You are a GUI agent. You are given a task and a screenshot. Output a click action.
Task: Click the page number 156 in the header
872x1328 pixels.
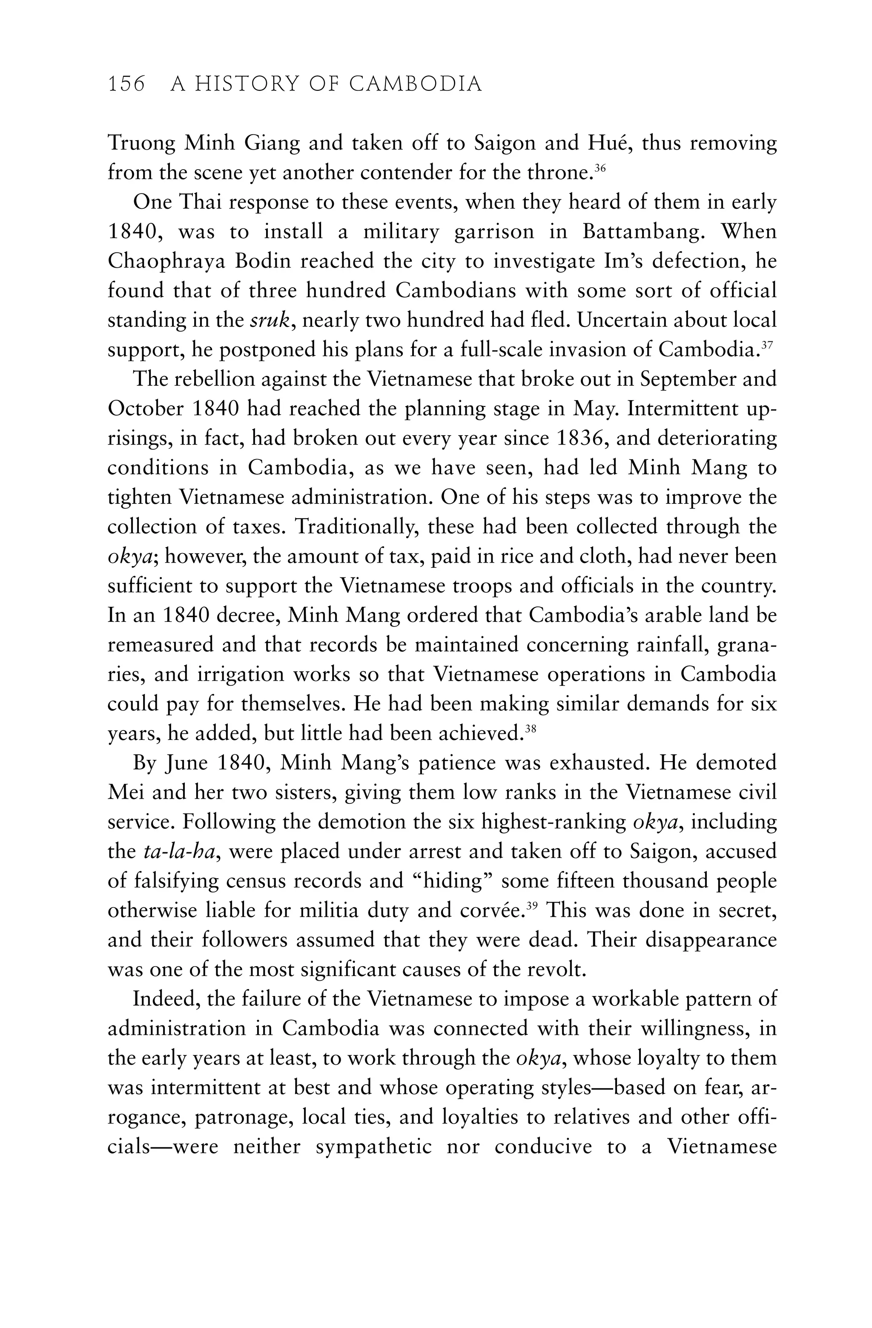click(126, 84)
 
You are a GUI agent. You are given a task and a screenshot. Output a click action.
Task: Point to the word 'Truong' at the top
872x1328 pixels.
click(142, 143)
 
